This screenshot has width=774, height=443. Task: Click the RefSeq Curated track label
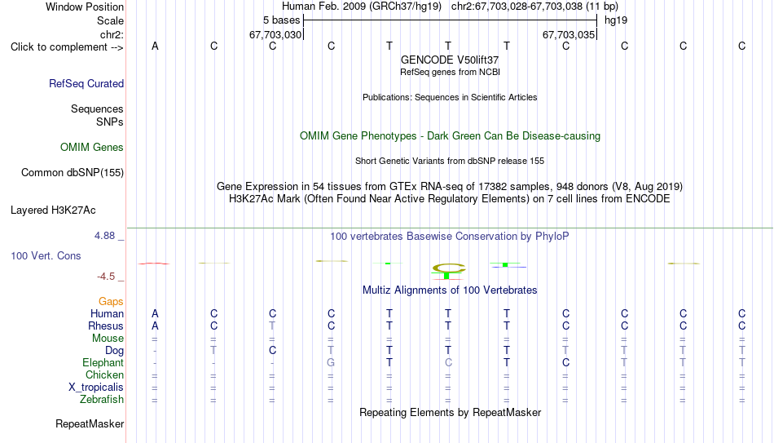(x=86, y=83)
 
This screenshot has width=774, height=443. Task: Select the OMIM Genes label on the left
(x=92, y=148)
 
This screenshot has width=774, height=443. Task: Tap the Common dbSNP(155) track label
(x=73, y=173)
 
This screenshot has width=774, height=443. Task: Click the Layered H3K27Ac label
(x=53, y=210)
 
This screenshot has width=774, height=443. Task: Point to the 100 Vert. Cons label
(x=46, y=255)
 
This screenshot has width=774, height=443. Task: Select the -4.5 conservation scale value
(x=106, y=277)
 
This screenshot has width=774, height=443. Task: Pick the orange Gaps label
(x=111, y=302)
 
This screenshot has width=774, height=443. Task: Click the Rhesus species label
(x=106, y=326)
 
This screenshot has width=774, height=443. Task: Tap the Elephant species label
(x=103, y=363)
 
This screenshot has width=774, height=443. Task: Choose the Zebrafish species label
(x=102, y=400)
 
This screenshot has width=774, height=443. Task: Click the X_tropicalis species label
(x=96, y=388)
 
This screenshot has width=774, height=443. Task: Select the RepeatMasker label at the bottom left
(x=90, y=423)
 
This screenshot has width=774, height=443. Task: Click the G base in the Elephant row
(x=331, y=363)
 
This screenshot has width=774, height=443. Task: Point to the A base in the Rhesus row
(x=155, y=326)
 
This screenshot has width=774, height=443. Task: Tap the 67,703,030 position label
(x=275, y=34)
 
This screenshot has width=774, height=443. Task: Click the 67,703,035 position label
(x=568, y=34)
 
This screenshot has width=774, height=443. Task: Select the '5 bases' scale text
(x=281, y=20)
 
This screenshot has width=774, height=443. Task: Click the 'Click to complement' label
(x=67, y=47)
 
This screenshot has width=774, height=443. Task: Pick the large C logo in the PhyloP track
(x=449, y=268)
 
